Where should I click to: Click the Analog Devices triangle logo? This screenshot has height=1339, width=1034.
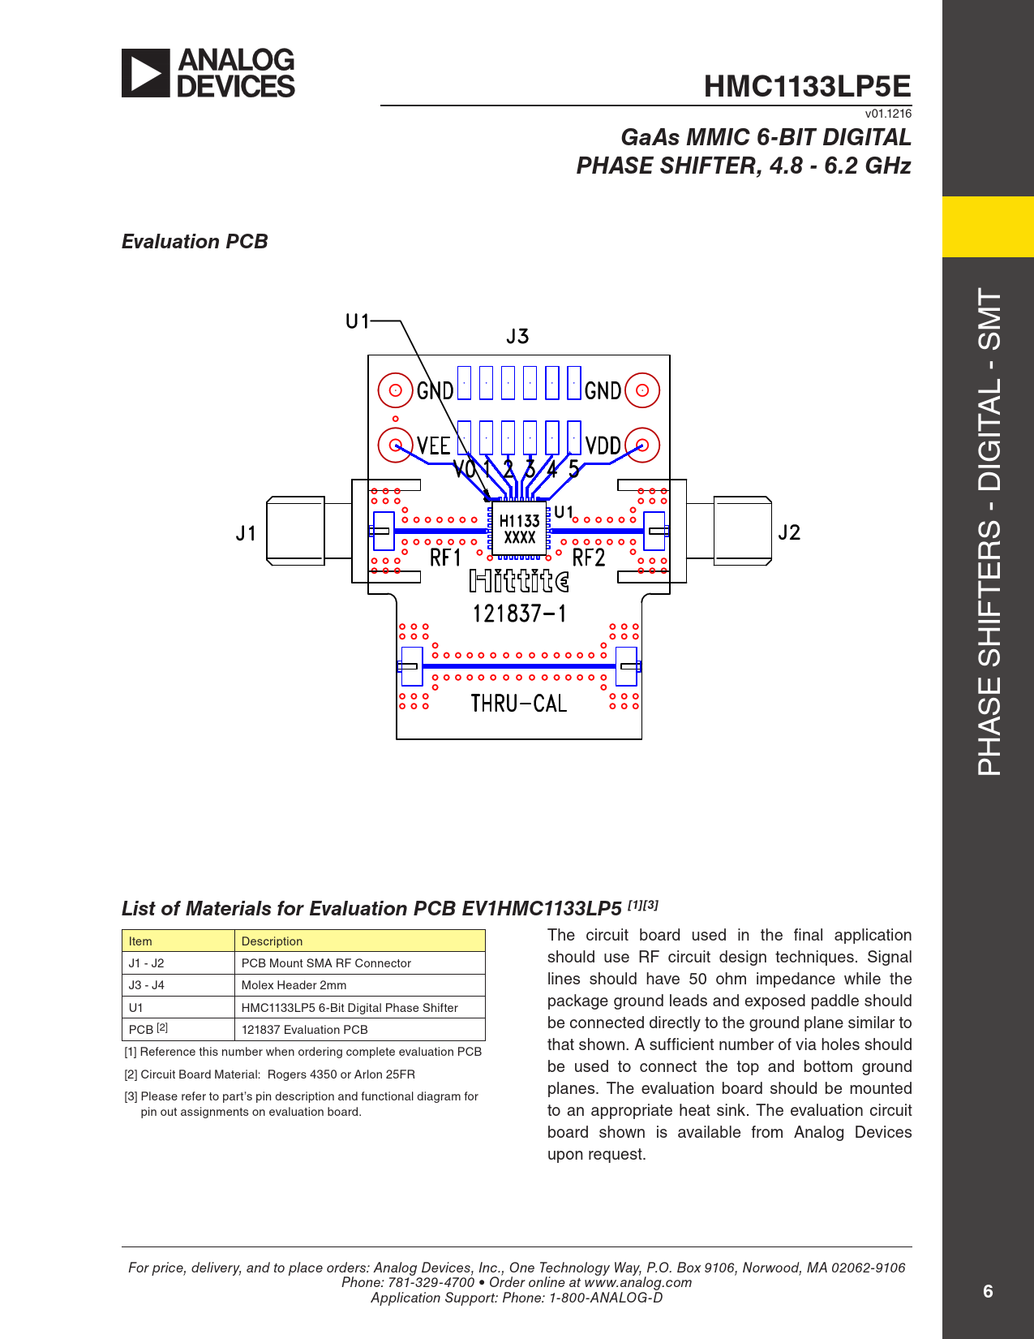click(x=146, y=73)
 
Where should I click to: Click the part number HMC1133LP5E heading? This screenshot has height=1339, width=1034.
click(x=807, y=86)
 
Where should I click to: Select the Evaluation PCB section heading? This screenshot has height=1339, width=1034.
click(x=195, y=242)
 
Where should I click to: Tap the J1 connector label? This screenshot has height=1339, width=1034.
click(x=246, y=533)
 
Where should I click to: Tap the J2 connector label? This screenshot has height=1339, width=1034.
click(x=788, y=532)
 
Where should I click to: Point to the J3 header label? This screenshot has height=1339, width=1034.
click(x=517, y=336)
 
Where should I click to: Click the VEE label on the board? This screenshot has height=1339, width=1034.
click(x=433, y=446)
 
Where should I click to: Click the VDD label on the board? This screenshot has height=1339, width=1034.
click(x=603, y=446)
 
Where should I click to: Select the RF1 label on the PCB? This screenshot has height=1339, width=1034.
click(x=445, y=558)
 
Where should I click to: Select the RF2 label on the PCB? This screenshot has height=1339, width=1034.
click(x=589, y=558)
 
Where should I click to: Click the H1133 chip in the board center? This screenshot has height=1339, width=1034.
click(x=519, y=528)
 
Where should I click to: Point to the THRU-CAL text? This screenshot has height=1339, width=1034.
click(x=518, y=703)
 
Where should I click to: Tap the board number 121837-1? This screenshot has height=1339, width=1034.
click(x=519, y=614)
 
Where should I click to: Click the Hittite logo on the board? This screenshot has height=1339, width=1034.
click(x=519, y=581)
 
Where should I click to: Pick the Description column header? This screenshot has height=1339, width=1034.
click(x=272, y=941)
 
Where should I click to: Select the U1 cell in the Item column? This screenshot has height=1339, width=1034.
click(x=136, y=1008)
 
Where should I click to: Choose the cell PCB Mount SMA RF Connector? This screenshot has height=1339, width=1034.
click(x=326, y=963)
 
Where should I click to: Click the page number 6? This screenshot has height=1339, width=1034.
click(x=988, y=1291)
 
